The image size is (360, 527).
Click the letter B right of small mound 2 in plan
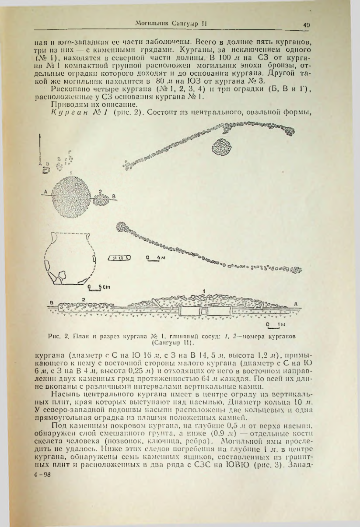[115, 196]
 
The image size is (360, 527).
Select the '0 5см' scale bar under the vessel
[95, 287]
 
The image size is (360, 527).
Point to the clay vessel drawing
[70, 259]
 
